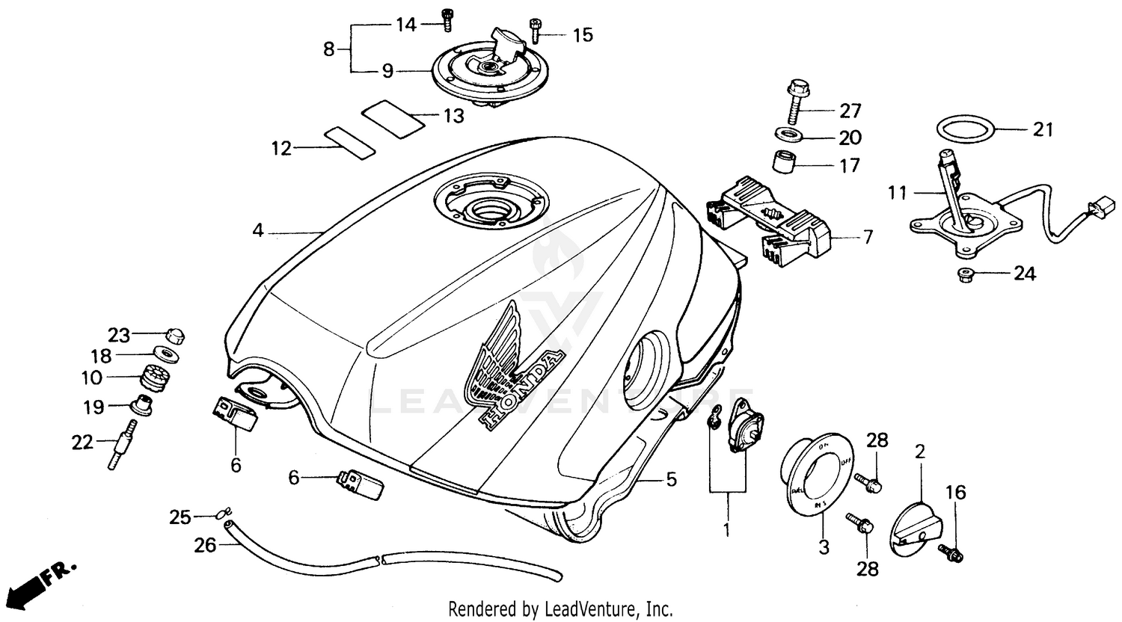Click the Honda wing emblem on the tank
point(510,366)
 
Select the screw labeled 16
point(954,553)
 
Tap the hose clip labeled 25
point(220,514)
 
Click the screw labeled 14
point(447,22)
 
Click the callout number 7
point(867,238)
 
